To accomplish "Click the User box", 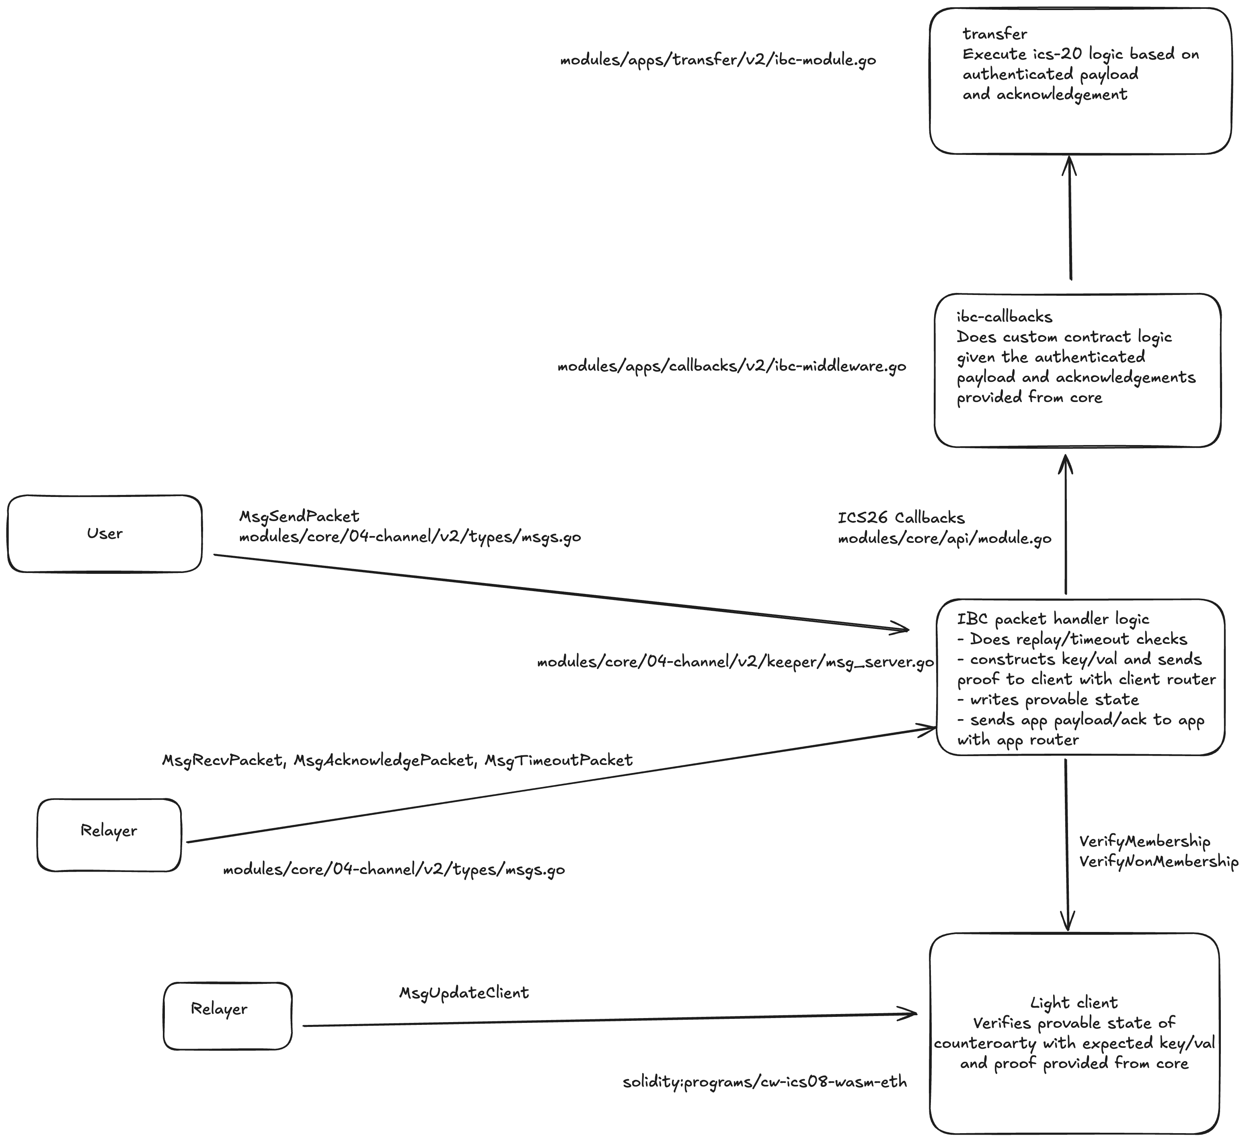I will click(x=105, y=534).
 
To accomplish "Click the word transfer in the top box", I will click(x=994, y=34).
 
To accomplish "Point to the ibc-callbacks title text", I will click(x=1004, y=317).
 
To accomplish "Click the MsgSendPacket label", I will click(x=299, y=516).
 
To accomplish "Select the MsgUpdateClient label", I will click(x=464, y=993).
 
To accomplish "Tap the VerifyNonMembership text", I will click(x=1159, y=862).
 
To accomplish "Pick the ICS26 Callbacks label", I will click(x=901, y=517).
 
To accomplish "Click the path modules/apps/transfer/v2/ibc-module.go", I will click(x=717, y=60).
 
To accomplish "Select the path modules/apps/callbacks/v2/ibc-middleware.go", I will click(x=732, y=367).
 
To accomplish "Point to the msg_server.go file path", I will click(x=735, y=662).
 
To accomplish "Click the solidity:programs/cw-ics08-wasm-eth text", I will click(x=764, y=1082).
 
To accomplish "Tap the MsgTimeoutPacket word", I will click(x=558, y=760).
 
